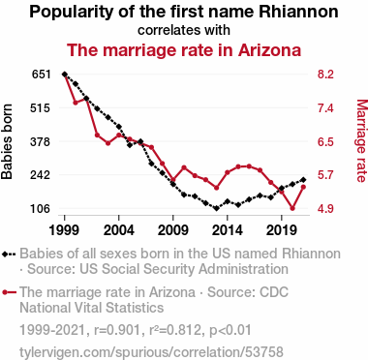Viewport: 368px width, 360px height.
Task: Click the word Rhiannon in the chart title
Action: tap(299, 12)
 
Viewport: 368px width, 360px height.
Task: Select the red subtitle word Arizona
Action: tap(269, 50)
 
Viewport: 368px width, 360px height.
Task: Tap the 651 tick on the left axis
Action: tap(42, 75)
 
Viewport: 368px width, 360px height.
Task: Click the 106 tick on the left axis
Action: tap(41, 209)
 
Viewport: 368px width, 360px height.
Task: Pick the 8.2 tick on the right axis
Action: tap(325, 75)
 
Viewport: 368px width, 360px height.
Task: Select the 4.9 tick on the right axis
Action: tap(325, 209)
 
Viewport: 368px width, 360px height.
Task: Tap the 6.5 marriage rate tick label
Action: tap(325, 141)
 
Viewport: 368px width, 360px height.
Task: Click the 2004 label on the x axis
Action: tap(119, 230)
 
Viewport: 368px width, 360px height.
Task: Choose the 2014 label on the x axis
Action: tap(228, 230)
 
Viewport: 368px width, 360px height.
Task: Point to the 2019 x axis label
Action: tap(282, 230)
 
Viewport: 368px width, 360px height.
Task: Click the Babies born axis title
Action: tap(7, 141)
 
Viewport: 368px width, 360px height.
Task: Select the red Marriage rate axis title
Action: tap(361, 141)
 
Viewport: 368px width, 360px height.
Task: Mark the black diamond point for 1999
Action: tap(65, 75)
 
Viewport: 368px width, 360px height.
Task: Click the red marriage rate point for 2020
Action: tap(292, 208)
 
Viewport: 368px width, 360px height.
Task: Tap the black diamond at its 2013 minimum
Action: tap(217, 208)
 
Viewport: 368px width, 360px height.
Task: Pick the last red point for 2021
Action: tap(303, 187)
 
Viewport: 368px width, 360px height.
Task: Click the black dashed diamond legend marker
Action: tap(9, 254)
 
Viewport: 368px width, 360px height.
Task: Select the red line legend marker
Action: tap(9, 292)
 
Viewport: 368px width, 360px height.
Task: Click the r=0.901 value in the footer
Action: tap(117, 330)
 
